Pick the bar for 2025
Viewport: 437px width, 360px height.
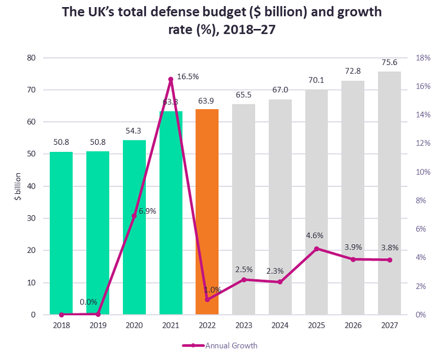(316, 202)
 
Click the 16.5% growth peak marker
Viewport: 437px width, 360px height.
(170, 79)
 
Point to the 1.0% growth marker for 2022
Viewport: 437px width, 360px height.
(207, 300)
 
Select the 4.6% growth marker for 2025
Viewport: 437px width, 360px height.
(316, 249)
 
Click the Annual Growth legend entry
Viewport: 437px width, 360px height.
(218, 345)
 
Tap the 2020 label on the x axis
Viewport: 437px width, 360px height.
(134, 325)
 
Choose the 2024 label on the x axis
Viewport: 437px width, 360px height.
(280, 325)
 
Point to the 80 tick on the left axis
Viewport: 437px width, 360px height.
(32, 58)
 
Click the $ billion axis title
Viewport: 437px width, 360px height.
(17, 186)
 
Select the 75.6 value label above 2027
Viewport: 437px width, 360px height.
(389, 62)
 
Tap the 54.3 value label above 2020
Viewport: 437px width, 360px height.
(134, 131)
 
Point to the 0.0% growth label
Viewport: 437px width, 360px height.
(88, 302)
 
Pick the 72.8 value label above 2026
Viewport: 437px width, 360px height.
(353, 72)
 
